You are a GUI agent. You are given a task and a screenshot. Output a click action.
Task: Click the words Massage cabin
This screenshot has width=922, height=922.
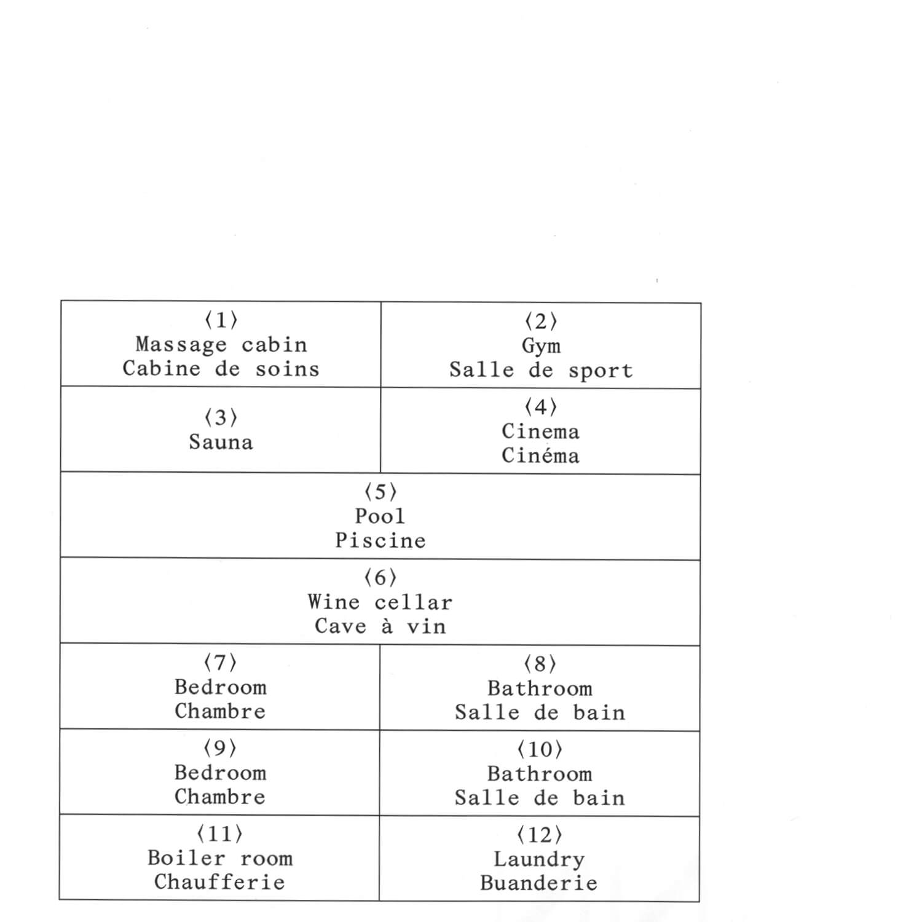221,345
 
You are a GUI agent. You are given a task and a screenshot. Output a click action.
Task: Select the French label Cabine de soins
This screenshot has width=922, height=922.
221,369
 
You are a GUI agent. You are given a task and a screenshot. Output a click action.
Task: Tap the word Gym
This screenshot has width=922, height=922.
541,346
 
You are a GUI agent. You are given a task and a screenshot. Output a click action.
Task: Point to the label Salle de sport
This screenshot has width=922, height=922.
541,370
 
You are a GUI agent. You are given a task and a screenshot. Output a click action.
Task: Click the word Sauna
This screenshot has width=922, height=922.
221,442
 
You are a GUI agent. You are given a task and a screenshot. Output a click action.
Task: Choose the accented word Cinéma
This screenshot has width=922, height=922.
540,455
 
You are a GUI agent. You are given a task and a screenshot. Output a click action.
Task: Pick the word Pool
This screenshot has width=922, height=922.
380,516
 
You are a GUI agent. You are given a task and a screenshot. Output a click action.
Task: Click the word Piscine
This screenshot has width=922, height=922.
380,540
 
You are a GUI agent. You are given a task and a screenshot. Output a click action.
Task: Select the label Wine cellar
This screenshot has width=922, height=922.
380,602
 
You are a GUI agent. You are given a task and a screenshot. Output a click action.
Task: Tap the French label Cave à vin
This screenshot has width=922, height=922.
380,626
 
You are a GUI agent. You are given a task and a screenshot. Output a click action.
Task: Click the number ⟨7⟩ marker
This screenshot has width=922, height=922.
220,663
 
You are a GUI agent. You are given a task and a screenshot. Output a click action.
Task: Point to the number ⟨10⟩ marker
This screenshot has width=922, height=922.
540,749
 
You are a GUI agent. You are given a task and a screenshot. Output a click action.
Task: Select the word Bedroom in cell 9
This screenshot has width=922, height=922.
220,773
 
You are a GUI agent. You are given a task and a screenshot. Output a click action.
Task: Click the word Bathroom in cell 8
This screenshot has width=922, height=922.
540,688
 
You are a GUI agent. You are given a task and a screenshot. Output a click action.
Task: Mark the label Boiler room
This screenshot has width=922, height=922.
220,858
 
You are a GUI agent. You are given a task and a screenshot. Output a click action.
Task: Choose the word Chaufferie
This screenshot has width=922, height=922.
219,882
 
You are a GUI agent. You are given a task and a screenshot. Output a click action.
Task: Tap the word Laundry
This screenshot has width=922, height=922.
539,859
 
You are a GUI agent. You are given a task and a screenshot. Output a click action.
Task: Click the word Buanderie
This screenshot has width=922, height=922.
539,883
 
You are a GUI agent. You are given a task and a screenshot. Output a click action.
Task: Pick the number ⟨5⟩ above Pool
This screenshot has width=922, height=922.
380,492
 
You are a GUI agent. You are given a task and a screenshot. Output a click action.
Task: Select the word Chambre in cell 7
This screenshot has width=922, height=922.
220,711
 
